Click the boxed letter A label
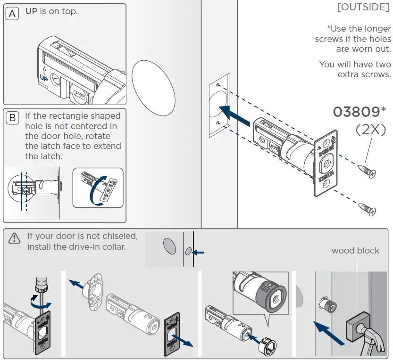tap(12, 14)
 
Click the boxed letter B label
tap(12, 117)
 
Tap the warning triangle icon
tap(15, 238)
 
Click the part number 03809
tap(356, 112)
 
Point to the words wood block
tap(355, 250)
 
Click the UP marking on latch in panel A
tap(43, 74)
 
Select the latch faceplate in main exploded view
tap(325, 162)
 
